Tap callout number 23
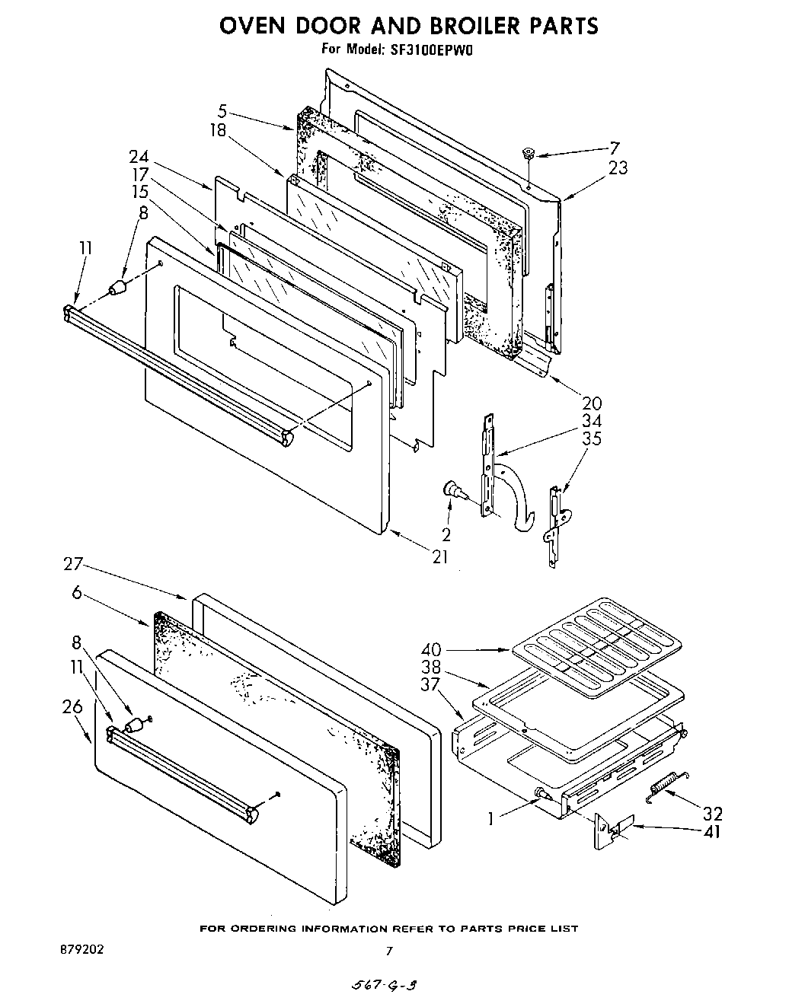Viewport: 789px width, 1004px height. [x=618, y=167]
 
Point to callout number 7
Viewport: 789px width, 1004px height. [x=614, y=148]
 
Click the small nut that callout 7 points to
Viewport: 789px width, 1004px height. [x=527, y=155]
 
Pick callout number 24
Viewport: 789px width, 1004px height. [x=139, y=158]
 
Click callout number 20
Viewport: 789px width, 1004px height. [x=591, y=403]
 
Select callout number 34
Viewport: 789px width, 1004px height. [x=591, y=421]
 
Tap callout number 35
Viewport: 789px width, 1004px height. [x=591, y=438]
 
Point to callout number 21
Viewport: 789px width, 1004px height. [x=440, y=556]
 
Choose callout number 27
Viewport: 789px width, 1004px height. [x=73, y=566]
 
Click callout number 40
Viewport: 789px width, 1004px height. [x=432, y=649]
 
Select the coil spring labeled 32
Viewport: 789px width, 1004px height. [x=667, y=786]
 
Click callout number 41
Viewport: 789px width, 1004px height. [x=712, y=831]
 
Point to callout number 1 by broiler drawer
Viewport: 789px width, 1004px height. [x=492, y=819]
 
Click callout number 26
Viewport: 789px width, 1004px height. [x=73, y=706]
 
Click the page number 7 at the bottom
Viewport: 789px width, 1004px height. [x=389, y=951]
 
